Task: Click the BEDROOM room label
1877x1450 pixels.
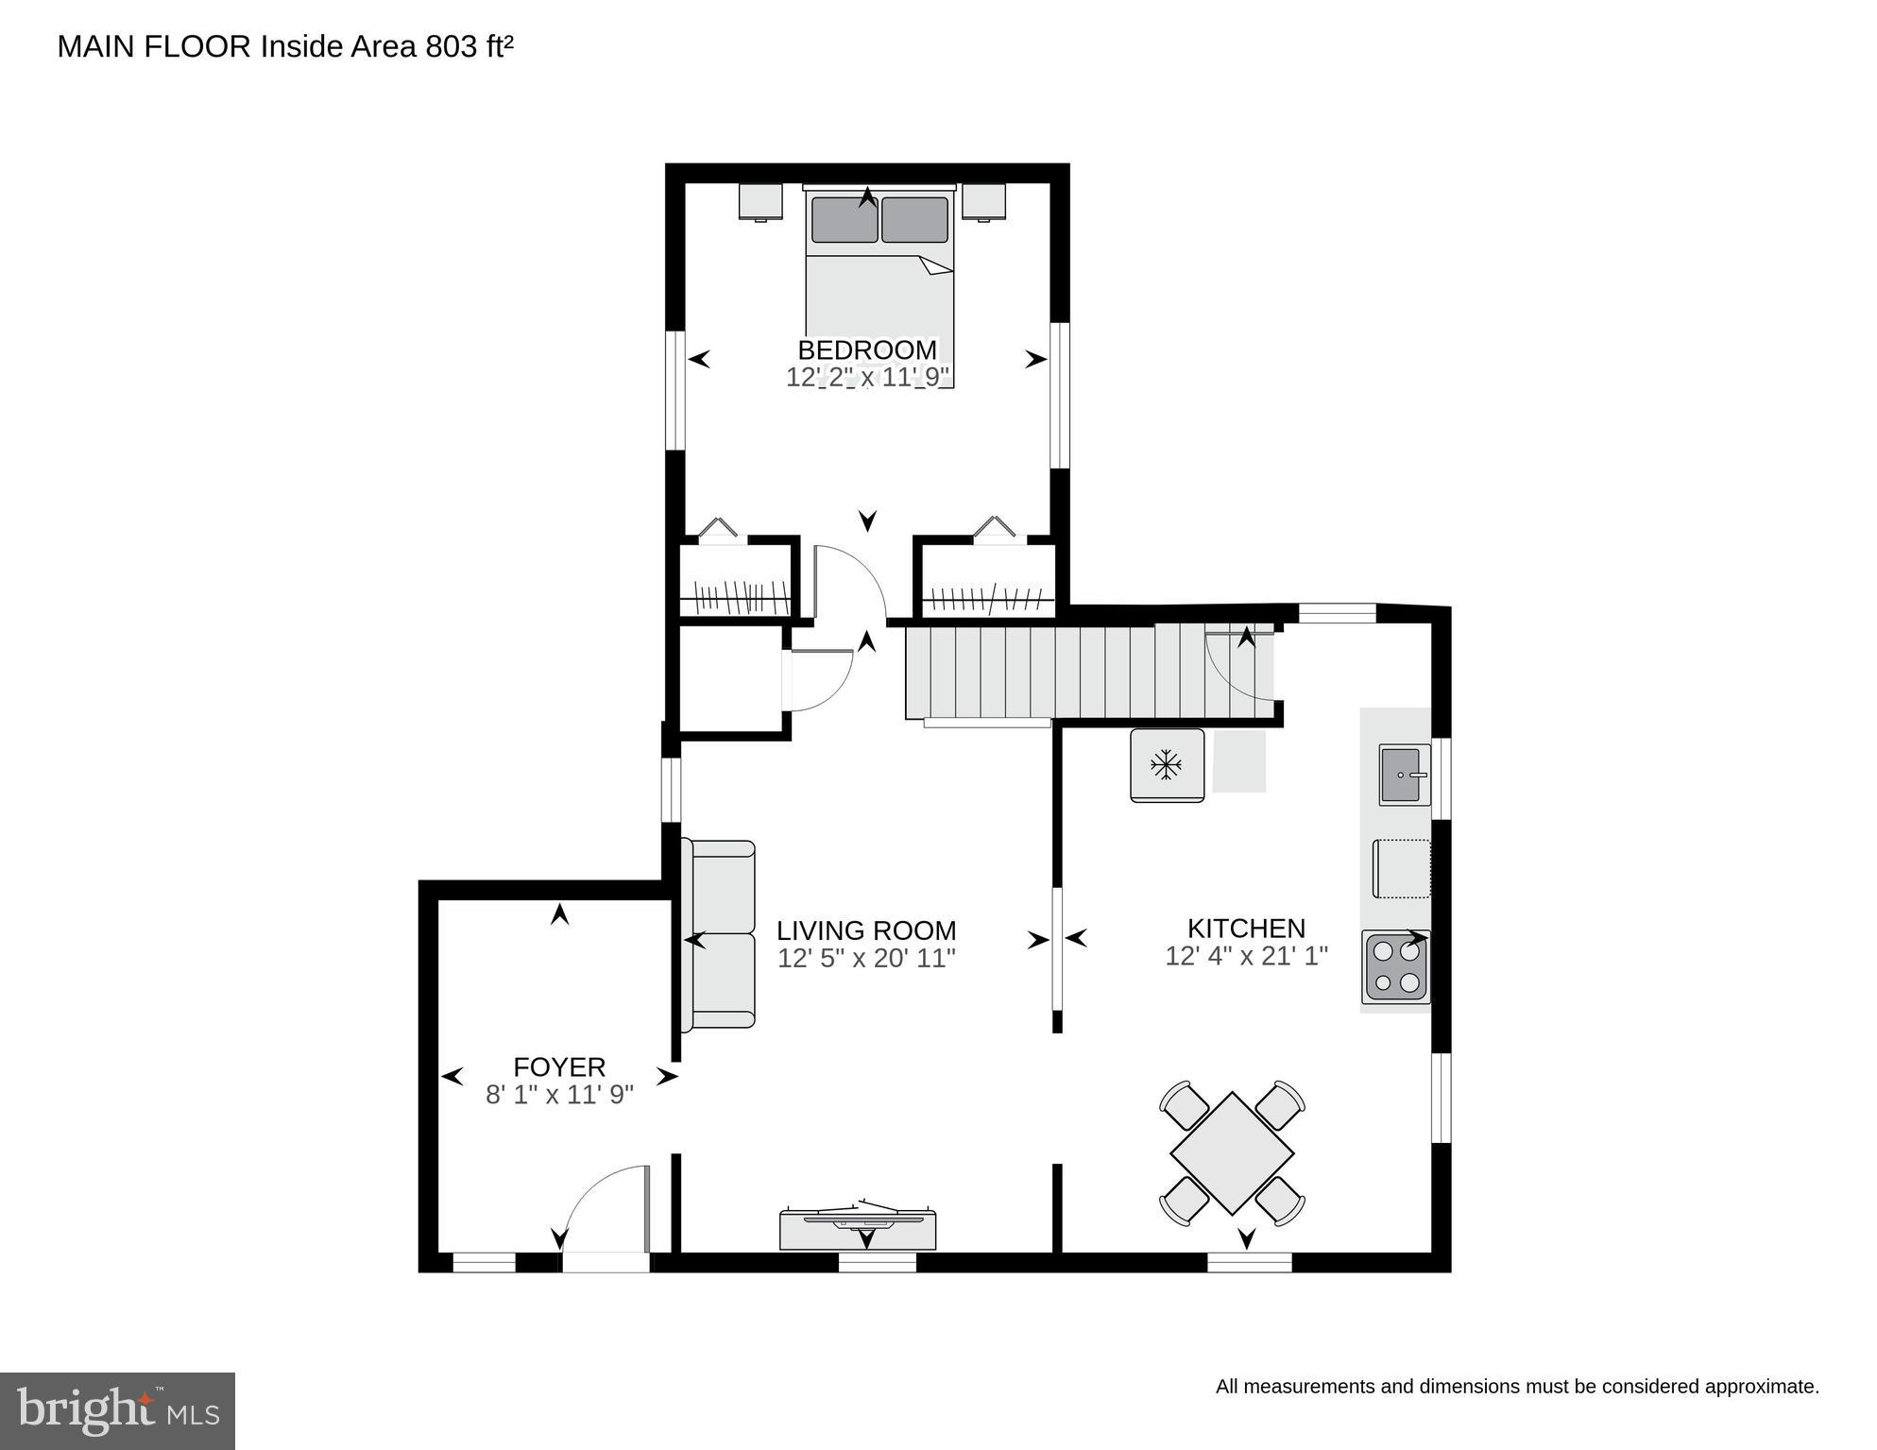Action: (x=866, y=350)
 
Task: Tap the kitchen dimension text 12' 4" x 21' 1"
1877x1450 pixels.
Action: (x=1246, y=956)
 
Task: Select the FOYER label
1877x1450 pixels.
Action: (x=558, y=1066)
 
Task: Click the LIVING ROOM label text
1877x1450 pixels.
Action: (x=866, y=930)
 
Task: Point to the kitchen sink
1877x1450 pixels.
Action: (x=1404, y=775)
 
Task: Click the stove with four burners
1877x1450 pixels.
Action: (x=1395, y=967)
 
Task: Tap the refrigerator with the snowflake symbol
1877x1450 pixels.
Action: (x=1167, y=765)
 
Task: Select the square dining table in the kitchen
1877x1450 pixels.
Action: (x=1232, y=1152)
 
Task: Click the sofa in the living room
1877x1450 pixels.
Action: (x=723, y=934)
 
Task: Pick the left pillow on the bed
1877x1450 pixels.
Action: (x=844, y=219)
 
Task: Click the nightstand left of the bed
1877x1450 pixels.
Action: (x=760, y=201)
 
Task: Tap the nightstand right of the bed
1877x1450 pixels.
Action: (x=983, y=201)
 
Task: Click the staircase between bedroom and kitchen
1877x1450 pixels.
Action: (x=1039, y=672)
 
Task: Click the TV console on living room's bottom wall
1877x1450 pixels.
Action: (x=858, y=1228)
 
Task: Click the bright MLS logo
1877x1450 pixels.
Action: (x=117, y=1410)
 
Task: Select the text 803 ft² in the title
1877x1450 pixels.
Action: (x=469, y=46)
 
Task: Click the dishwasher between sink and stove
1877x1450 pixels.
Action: (x=1401, y=867)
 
